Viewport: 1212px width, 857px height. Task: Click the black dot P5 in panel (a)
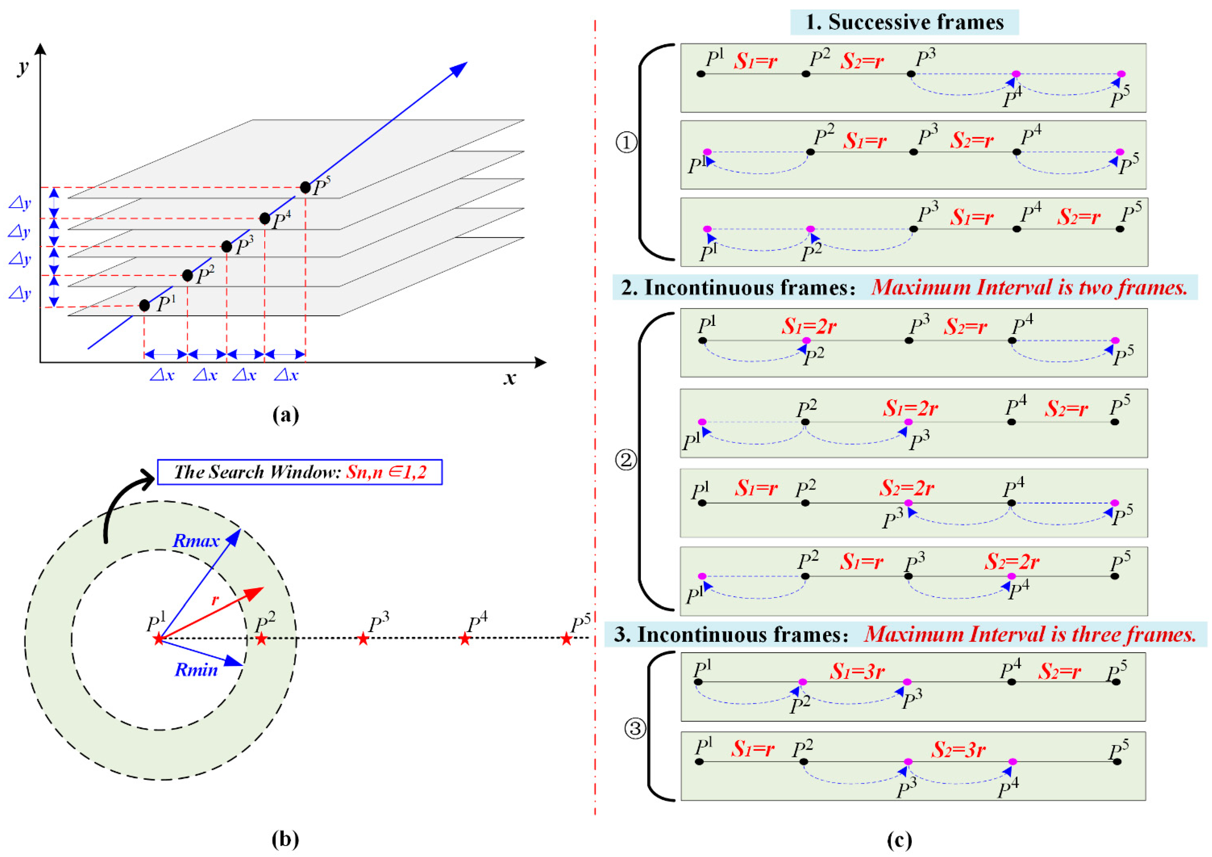[x=305, y=187]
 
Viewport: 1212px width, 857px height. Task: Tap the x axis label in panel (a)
[x=509, y=378]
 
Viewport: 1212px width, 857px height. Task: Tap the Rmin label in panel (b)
[x=196, y=670]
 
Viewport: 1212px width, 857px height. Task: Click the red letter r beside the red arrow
[x=215, y=600]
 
